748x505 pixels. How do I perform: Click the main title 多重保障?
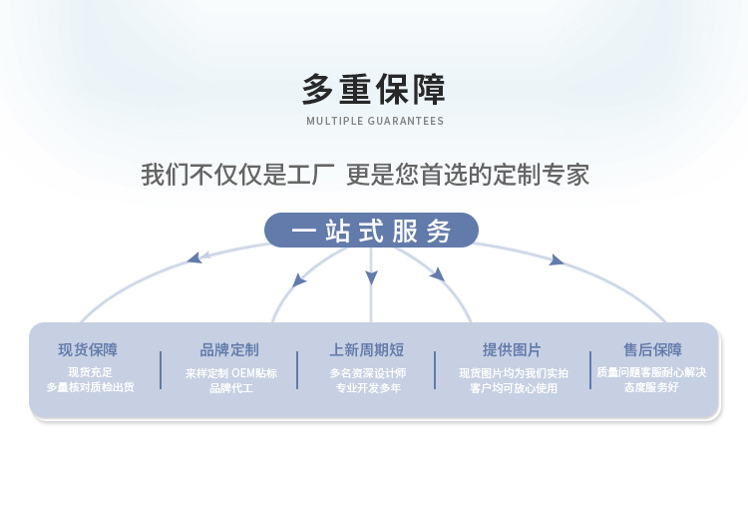coord(374,90)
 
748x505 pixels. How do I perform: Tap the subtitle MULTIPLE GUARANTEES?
coord(374,122)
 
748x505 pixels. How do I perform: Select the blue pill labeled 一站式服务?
coord(371,231)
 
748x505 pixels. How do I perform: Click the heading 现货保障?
coord(88,350)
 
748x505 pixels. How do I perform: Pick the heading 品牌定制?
coord(229,350)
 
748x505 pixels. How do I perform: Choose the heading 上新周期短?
coord(367,350)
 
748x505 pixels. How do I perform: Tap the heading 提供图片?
coord(512,350)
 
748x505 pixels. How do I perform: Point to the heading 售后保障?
coord(652,350)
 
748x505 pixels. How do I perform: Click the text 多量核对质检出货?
coord(90,386)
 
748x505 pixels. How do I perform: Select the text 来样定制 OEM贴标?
coord(231,373)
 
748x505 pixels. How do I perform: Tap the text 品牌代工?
coord(231,387)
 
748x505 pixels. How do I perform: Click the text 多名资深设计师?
coord(368,373)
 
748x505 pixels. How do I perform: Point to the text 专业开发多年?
coord(368,387)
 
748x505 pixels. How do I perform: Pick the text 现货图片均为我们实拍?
coord(514,373)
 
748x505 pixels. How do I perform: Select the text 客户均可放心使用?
coord(514,387)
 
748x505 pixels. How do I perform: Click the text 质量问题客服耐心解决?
coord(651,372)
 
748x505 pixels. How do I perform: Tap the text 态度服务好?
coord(651,386)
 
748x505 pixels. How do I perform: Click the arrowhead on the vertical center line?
coord(371,277)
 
